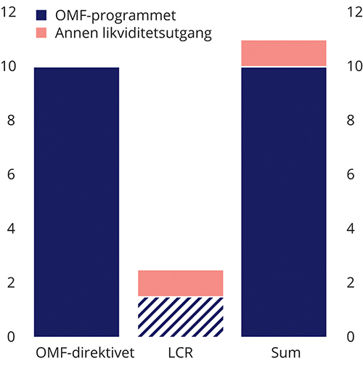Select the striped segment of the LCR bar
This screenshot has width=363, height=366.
(180, 317)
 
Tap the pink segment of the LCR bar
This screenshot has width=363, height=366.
(180, 283)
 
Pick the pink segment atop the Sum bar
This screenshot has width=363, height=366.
(283, 53)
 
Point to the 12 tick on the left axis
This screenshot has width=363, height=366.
(9, 12)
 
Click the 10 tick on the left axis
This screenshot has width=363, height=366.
(9, 66)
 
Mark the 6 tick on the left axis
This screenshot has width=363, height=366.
(9, 174)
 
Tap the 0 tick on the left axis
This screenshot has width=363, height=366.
(9, 337)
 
